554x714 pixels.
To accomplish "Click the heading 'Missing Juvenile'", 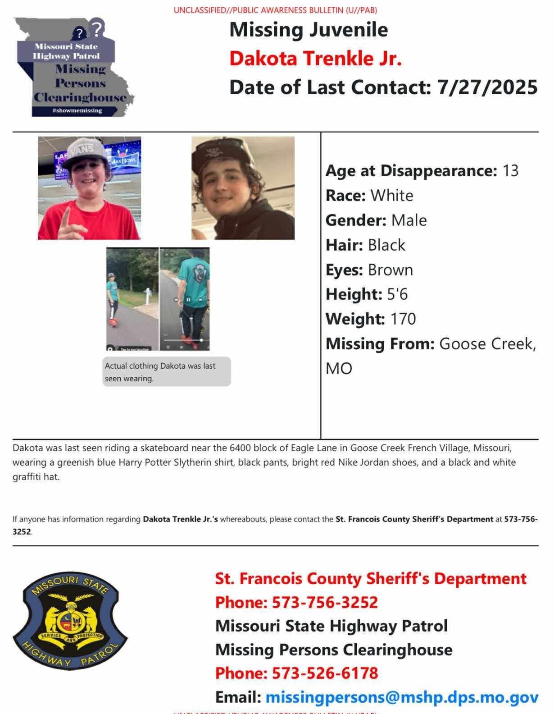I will (x=309, y=30).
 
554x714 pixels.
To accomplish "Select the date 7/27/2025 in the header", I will (x=487, y=87).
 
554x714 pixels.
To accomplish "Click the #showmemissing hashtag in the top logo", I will (x=77, y=110).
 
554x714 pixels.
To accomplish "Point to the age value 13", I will (x=510, y=171).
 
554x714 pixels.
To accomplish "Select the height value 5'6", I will (x=397, y=294).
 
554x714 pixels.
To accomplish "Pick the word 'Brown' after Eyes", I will (x=391, y=270).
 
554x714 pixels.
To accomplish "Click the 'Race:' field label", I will (x=345, y=196).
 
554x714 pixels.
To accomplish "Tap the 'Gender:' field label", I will (x=356, y=220).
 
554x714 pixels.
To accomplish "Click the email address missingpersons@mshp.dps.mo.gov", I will (x=402, y=697).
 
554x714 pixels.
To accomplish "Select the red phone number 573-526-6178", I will (x=325, y=673).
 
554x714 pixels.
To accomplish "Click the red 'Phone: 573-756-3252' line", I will (x=296, y=602).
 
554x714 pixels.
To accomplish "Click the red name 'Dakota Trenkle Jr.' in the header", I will (x=315, y=59).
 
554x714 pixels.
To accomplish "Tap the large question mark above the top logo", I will (x=97, y=28).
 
